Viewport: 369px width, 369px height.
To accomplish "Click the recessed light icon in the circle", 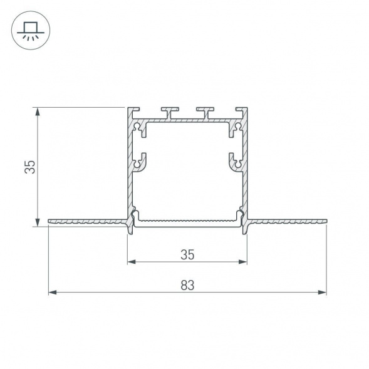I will coord(30,29).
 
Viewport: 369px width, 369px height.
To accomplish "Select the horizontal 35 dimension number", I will coord(187,254).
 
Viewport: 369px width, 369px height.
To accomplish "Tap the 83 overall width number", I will coord(187,285).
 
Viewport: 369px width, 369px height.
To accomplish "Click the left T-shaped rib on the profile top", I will coord(169,112).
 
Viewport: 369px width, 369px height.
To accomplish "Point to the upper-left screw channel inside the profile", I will coord(138,129).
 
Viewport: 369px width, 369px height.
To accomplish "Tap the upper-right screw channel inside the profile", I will coord(236,129).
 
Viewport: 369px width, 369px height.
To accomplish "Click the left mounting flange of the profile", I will coord(88,221).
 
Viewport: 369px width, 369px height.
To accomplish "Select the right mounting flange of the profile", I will coord(287,221).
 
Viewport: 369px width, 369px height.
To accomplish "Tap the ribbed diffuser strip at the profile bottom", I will coord(187,221).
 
